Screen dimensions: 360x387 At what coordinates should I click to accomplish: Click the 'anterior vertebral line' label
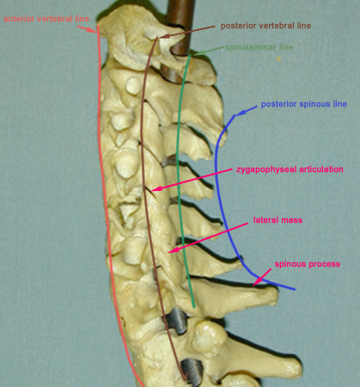coord(46,19)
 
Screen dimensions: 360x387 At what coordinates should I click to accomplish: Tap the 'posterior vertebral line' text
coord(265,26)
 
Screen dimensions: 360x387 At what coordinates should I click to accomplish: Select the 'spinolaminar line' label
coord(259,47)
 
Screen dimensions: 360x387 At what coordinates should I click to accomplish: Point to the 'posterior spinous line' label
coord(304,104)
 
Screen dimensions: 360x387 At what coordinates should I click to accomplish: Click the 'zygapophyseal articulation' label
coord(290,169)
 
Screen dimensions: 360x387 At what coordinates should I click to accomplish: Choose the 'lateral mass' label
coord(278,220)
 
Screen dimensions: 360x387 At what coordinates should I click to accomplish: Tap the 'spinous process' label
coord(308,264)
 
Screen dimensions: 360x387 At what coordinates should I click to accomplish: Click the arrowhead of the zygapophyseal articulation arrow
coord(154,189)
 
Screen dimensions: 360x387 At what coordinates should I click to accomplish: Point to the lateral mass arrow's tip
coord(170,251)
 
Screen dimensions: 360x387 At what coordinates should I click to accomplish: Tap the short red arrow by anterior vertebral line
coord(87,29)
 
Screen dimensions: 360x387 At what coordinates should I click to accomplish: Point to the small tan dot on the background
coord(278,58)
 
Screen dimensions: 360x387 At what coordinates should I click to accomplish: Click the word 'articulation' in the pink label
coord(321,169)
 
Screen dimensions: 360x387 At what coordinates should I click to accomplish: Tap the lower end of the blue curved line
coord(295,289)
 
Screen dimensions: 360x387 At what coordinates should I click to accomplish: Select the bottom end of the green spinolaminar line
coord(194,307)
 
